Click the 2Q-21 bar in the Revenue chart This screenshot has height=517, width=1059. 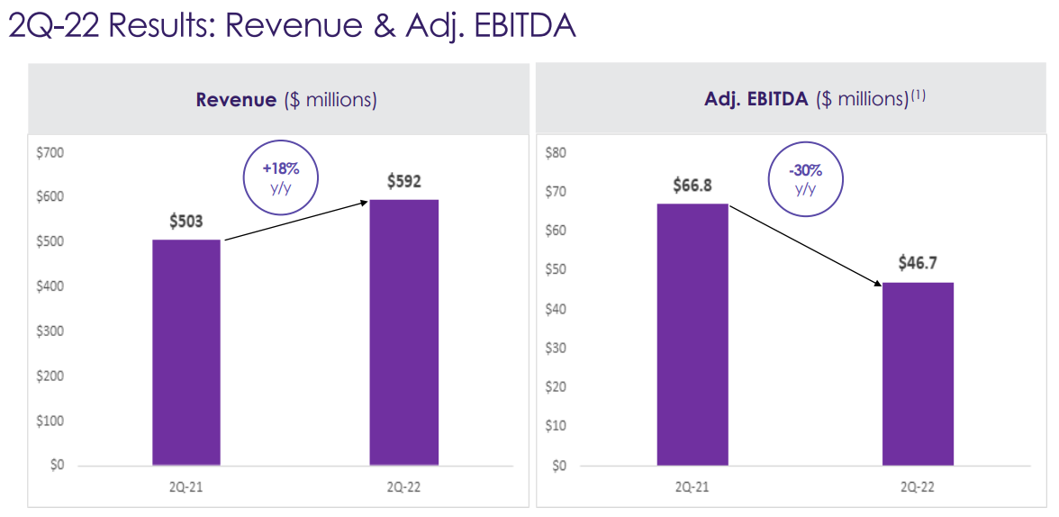pyautogui.click(x=186, y=352)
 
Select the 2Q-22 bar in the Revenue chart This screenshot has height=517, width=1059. pyautogui.click(x=404, y=332)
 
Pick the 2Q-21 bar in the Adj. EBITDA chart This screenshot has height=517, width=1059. pyautogui.click(x=692, y=335)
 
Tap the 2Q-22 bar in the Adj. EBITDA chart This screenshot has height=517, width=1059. pyautogui.click(x=918, y=374)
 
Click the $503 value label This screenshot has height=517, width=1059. pyautogui.click(x=186, y=222)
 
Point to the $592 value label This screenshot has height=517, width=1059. pyautogui.click(x=404, y=181)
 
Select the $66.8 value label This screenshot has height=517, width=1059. pyautogui.click(x=693, y=186)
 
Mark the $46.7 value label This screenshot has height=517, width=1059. pyautogui.click(x=919, y=264)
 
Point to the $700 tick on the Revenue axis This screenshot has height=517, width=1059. pyautogui.click(x=50, y=152)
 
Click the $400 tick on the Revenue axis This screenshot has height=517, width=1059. pyautogui.click(x=50, y=286)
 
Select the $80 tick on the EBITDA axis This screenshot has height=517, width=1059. pyautogui.click(x=555, y=152)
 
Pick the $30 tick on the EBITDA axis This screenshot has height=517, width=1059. pyautogui.click(x=555, y=348)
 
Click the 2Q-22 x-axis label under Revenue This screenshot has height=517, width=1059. pyautogui.click(x=404, y=487)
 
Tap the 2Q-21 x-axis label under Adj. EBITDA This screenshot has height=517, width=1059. pyautogui.click(x=692, y=487)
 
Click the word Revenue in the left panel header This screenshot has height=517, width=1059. pyautogui.click(x=236, y=100)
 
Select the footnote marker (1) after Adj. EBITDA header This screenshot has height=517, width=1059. pyautogui.click(x=918, y=95)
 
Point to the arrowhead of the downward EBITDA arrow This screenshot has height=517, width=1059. pyautogui.click(x=878, y=285)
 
